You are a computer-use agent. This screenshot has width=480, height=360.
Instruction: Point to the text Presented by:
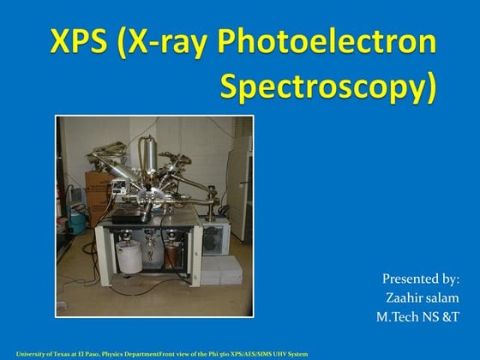(x=420, y=279)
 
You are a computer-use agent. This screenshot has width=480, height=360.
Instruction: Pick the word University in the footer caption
(x=31, y=354)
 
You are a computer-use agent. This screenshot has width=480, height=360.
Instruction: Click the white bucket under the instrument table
(x=129, y=255)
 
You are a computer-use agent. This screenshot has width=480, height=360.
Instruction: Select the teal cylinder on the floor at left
(x=78, y=220)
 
